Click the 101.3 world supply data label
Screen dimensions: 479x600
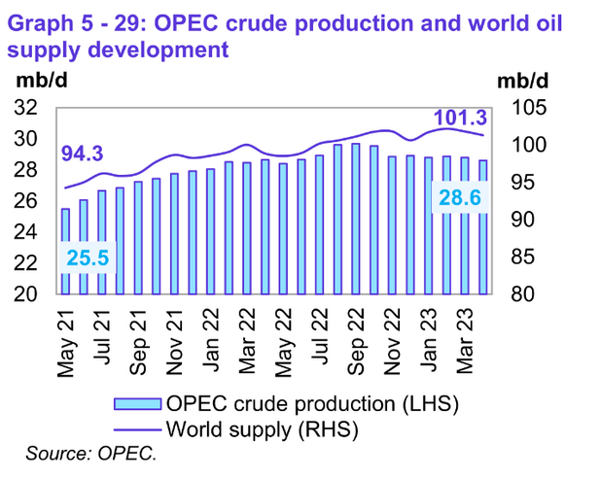pos(460,119)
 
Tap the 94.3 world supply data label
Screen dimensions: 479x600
pos(83,154)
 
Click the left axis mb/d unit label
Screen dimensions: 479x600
pos(36,80)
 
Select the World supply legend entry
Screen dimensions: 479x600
pos(257,428)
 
